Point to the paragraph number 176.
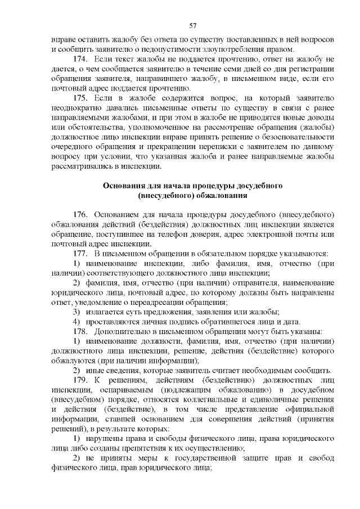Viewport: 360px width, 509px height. tap(82, 215)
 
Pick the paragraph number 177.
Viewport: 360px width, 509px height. tap(82, 254)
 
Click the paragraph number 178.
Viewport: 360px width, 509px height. tap(82, 331)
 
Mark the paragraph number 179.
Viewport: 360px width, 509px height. tap(82, 380)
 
